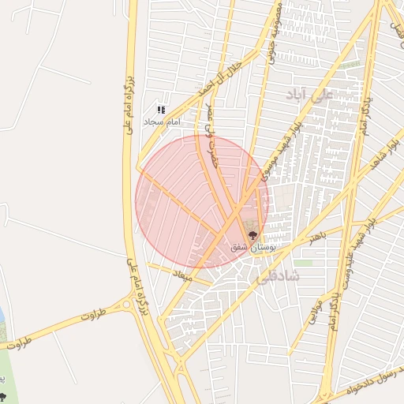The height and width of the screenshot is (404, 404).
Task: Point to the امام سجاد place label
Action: (162, 123)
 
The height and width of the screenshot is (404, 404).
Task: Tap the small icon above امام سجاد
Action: (161, 110)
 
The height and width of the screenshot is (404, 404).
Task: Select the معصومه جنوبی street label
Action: (274, 32)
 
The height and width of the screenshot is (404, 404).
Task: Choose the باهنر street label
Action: (317, 237)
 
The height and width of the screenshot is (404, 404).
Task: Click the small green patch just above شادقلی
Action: (304, 263)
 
